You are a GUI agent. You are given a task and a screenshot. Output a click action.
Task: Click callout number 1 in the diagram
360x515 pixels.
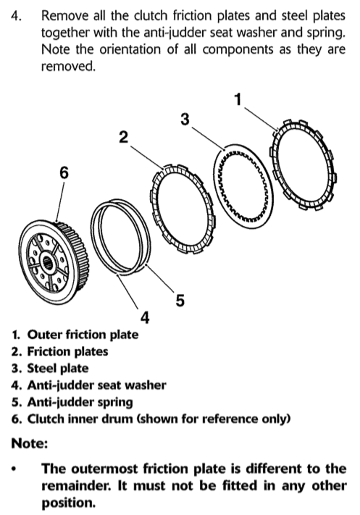point(238,99)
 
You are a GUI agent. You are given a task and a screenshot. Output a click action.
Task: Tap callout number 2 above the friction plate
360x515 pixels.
point(124,137)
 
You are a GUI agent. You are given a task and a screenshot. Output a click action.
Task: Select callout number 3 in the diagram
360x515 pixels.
point(185,120)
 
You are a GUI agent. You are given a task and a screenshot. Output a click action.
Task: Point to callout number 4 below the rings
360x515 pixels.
point(145,317)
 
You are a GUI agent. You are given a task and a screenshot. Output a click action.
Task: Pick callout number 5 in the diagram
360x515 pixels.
point(180,300)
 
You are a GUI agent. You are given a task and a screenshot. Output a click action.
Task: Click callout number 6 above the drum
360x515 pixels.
point(64,172)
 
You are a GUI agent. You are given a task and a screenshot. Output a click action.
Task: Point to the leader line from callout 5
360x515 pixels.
point(159,278)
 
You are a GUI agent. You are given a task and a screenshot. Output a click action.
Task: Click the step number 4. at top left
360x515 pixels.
point(17,15)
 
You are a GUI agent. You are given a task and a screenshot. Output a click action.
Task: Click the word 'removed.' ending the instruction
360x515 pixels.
point(68,67)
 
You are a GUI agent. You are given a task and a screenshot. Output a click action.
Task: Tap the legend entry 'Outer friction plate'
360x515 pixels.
point(83,335)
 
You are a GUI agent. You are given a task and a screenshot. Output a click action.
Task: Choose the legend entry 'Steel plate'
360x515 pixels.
point(58,368)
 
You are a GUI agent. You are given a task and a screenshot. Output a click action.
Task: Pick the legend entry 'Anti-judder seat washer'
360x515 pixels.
point(96,385)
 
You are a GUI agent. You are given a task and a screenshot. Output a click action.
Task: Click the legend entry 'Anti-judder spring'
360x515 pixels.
point(80,402)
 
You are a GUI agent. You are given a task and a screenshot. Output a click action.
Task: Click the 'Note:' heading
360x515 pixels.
point(30,443)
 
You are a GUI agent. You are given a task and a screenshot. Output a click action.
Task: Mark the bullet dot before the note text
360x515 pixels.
point(14,469)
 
